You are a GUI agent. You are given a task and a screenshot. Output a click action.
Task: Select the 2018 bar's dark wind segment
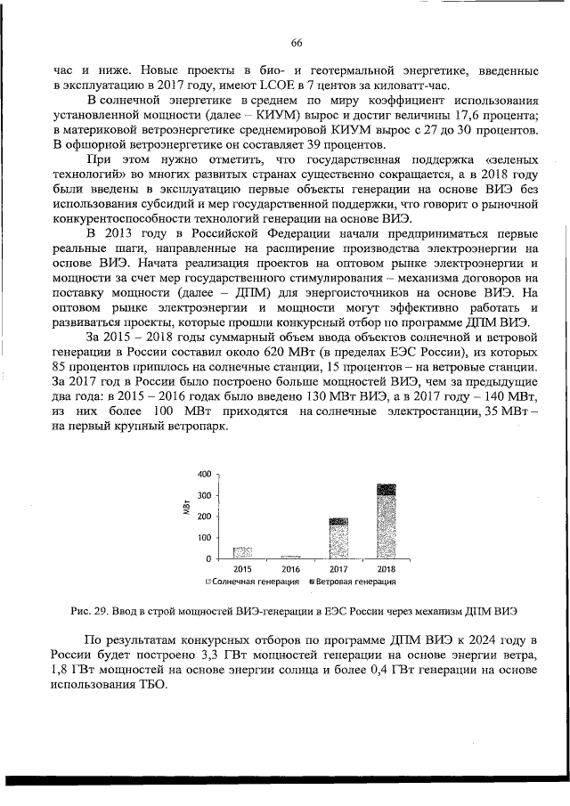387,489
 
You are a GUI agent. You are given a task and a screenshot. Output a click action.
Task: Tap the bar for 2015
242,552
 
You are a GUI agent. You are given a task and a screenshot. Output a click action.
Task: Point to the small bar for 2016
290,557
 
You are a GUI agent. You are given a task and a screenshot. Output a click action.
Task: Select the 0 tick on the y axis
208,559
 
